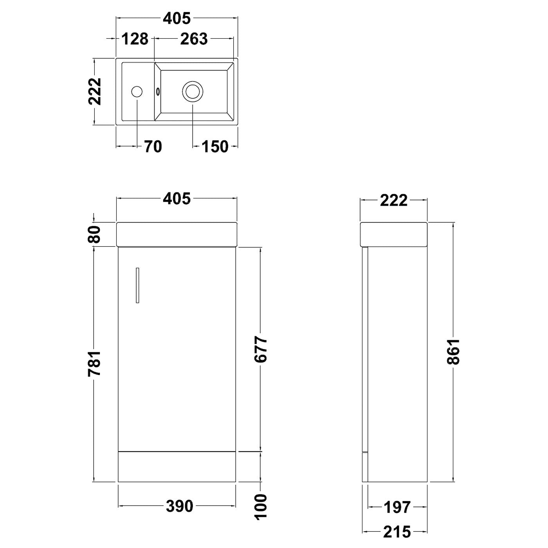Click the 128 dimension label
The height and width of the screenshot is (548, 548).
[x=135, y=39]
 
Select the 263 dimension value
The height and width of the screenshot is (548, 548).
[x=194, y=39]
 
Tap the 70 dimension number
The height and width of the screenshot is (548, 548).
[x=153, y=147]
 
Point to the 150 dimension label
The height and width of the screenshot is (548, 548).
[x=215, y=147]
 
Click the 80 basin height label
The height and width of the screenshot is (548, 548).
[x=95, y=234]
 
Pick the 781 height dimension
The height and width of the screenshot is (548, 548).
[x=95, y=363]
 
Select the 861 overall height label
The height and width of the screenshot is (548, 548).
[x=453, y=351]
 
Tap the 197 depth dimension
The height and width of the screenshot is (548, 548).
[x=397, y=507]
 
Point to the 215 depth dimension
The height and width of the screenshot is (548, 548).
[x=397, y=532]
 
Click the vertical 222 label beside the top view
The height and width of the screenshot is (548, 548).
[x=95, y=92]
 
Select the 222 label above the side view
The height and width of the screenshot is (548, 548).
[x=393, y=200]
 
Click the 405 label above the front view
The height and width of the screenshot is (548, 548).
[x=177, y=199]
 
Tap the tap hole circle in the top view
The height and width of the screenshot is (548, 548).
[x=137, y=92]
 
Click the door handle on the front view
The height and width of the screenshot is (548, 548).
[x=137, y=285]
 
